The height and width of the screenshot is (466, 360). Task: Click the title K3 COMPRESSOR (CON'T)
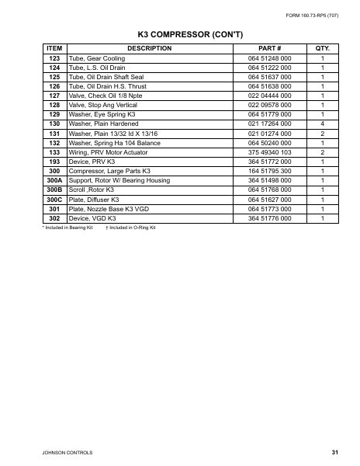tap(180, 35)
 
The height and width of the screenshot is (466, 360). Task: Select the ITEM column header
tap(54, 49)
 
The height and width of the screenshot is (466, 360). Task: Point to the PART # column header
tap(268, 49)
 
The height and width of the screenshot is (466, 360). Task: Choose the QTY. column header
tap(322, 49)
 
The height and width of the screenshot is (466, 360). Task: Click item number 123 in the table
tap(54, 59)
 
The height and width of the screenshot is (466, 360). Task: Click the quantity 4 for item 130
tap(322, 123)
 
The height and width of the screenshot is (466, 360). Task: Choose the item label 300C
tap(54, 199)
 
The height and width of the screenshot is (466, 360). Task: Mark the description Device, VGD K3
tap(92, 217)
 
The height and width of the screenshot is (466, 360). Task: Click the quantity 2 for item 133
tap(322, 152)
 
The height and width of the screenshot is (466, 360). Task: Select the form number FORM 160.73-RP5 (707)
tap(314, 15)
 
